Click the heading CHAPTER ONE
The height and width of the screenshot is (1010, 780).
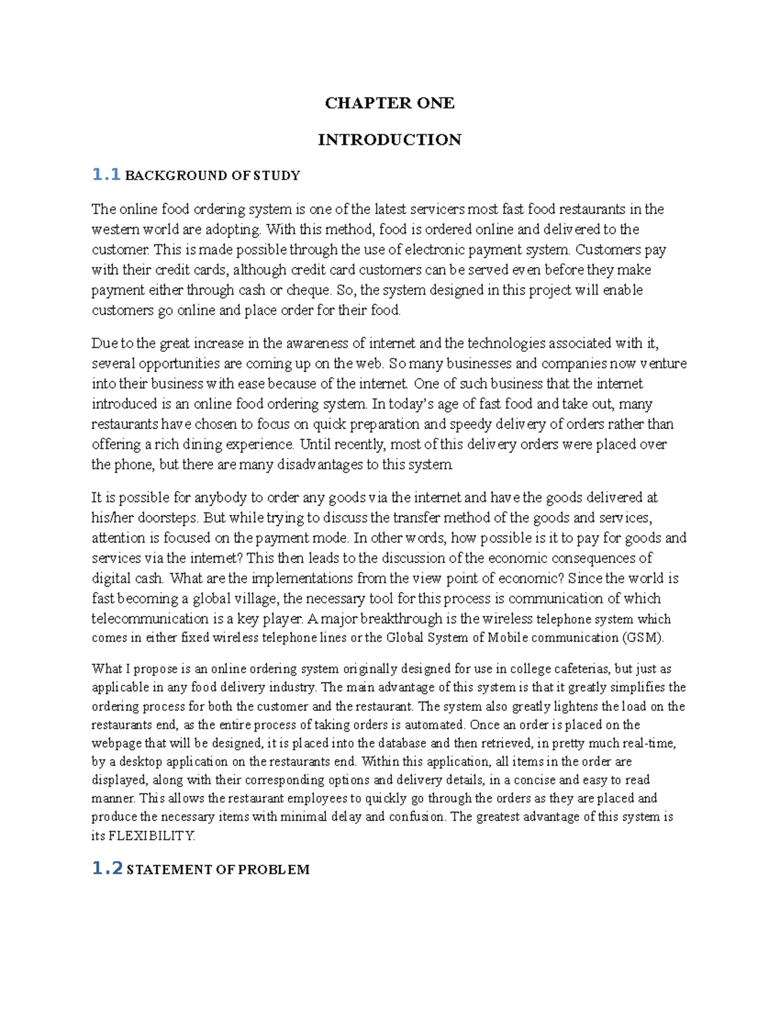pyautogui.click(x=389, y=103)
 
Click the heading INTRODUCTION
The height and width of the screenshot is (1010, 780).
pyautogui.click(x=389, y=140)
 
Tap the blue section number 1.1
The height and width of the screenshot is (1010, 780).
pyautogui.click(x=106, y=174)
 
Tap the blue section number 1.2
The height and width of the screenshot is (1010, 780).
pyautogui.click(x=107, y=868)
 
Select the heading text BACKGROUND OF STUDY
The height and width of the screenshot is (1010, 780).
pyautogui.click(x=212, y=176)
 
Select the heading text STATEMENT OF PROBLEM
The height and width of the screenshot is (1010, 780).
pyautogui.click(x=218, y=870)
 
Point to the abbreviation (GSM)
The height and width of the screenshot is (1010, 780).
pyautogui.click(x=643, y=637)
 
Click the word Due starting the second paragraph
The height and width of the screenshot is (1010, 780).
pyautogui.click(x=103, y=343)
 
